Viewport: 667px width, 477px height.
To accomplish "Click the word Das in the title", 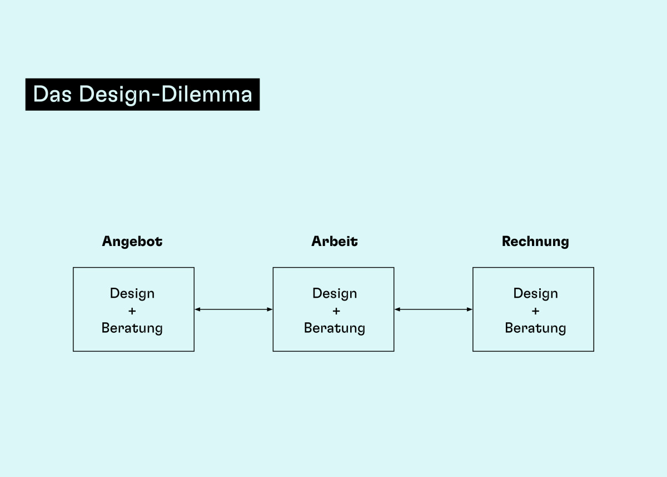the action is coord(52,94).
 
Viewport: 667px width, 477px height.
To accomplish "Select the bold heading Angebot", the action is coord(132,242).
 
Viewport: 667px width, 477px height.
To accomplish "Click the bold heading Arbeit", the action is coord(335,241).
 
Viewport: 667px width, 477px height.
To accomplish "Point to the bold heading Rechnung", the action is coord(535,242).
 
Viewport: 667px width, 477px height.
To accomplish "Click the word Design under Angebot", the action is coord(132,294).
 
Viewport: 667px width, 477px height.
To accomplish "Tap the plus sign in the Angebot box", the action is coord(132,311).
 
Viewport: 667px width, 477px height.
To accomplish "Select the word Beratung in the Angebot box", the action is coord(132,328).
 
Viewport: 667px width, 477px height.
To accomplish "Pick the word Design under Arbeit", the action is coord(335,294).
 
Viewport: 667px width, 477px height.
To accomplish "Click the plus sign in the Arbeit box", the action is coord(336,311).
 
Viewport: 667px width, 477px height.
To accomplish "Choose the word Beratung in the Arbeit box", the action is coord(335,328).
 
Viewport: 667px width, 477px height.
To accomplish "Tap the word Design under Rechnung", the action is coord(536,294).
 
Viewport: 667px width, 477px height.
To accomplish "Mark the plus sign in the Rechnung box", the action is coord(535,311).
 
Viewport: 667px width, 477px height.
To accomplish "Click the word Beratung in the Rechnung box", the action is coord(536,328).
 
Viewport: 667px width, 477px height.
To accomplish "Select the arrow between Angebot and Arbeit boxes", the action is coord(233,309).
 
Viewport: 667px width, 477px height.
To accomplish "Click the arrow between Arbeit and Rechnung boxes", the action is coord(433,309).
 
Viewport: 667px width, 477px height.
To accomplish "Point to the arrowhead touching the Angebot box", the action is coord(197,309).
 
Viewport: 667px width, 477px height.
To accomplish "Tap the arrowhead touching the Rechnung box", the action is coord(470,309).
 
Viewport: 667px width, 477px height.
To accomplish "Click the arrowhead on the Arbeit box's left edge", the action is coord(270,309).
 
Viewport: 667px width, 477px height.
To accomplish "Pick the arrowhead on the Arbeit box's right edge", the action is coord(397,309).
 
